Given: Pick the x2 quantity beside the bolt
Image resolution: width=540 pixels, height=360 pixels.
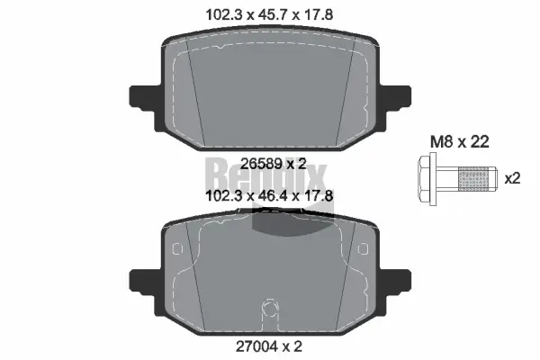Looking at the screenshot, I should pos(513,178).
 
